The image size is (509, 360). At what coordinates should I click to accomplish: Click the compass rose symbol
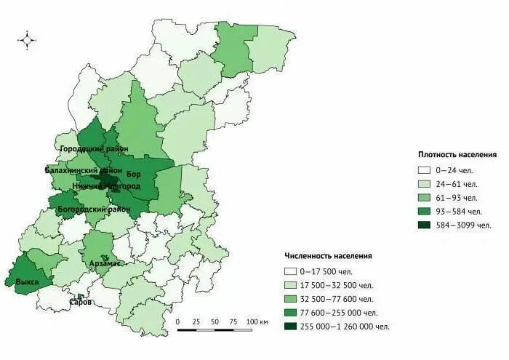click(x=27, y=40)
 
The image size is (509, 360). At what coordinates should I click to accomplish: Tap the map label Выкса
click(x=27, y=281)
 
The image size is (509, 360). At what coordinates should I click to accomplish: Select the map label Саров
click(x=80, y=302)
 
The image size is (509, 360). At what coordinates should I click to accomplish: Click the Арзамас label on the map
click(x=105, y=263)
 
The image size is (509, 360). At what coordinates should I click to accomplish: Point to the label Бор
click(x=134, y=175)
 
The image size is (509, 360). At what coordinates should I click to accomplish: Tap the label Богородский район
click(x=95, y=209)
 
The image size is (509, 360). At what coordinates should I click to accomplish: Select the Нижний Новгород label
click(x=105, y=187)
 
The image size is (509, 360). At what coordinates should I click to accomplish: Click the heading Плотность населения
click(x=457, y=155)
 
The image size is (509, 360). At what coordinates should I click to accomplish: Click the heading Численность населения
click(x=329, y=256)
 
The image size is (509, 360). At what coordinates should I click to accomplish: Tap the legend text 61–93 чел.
click(x=460, y=197)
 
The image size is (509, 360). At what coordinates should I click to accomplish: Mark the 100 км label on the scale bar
click(x=257, y=321)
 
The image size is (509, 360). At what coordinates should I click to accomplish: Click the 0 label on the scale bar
click(x=178, y=321)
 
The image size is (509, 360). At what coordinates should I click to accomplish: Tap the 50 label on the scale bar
click(x=215, y=321)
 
